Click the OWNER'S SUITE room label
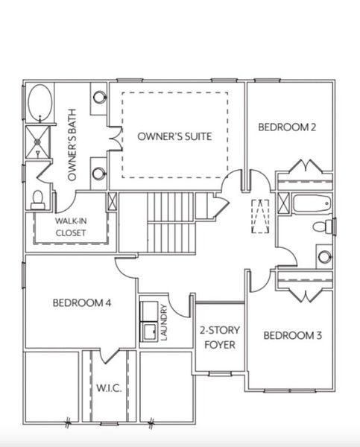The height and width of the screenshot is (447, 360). click(x=174, y=136)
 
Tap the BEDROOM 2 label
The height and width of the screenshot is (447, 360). click(x=287, y=127)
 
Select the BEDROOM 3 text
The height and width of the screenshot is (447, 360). click(x=292, y=335)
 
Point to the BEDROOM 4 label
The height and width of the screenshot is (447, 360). click(x=82, y=302)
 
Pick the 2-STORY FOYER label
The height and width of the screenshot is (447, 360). click(x=218, y=337)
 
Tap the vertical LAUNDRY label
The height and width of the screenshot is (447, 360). click(x=163, y=322)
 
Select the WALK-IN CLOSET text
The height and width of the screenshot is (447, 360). click(x=71, y=227)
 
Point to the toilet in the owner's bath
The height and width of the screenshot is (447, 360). click(x=37, y=199)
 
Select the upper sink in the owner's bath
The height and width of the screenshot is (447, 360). click(x=99, y=98)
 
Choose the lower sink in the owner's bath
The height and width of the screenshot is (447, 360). click(x=99, y=174)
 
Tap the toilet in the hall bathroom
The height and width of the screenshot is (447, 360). click(x=321, y=226)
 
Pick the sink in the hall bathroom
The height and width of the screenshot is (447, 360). click(x=324, y=257)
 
